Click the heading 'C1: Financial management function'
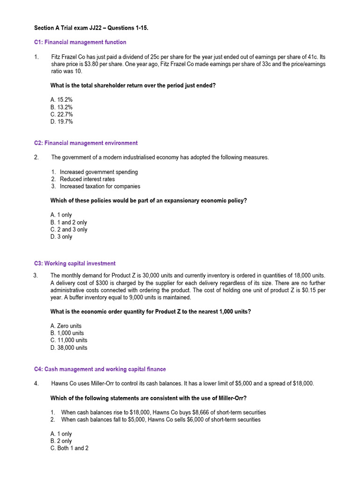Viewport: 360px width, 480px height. coord(80,42)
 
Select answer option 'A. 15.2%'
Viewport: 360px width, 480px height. coord(61,100)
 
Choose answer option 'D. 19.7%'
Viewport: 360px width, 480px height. coord(61,122)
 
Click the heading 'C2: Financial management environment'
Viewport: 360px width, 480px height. coord(86,143)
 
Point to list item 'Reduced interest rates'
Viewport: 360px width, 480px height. coord(87,179)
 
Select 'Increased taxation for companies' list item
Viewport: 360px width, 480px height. coord(100,186)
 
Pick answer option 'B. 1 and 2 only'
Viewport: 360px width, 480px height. coord(68,222)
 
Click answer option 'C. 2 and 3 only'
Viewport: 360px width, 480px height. coord(68,230)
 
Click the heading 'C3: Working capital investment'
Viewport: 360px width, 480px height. coord(75,263)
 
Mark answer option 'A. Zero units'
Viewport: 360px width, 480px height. coord(66,326)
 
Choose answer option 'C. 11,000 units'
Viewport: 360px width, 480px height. coord(68,340)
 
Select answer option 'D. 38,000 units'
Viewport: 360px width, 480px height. coord(68,348)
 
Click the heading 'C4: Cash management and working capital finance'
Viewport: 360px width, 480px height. coord(100,369)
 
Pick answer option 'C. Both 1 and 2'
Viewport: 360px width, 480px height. coord(69,448)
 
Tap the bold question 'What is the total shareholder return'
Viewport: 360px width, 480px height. coord(133,86)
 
